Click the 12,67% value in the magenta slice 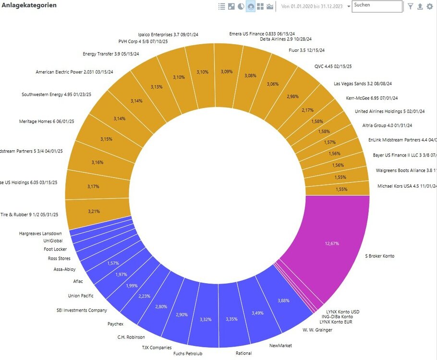click(332, 243)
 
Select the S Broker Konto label click(379, 256)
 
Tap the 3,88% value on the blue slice click(284, 300)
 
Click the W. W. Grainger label click(317, 329)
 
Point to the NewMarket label click(280, 345)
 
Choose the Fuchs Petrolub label click(188, 354)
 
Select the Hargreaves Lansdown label click(40, 233)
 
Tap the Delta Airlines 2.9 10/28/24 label click(286, 39)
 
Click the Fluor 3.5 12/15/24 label click(306, 50)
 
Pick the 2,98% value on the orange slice click(292, 96)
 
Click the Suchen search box click(377, 6)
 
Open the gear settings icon click(430, 6)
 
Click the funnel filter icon click(411, 6)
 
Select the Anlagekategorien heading click(29, 5)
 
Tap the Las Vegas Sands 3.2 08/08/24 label click(363, 84)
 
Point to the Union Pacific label click(81, 296)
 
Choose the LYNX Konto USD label click(342, 312)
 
